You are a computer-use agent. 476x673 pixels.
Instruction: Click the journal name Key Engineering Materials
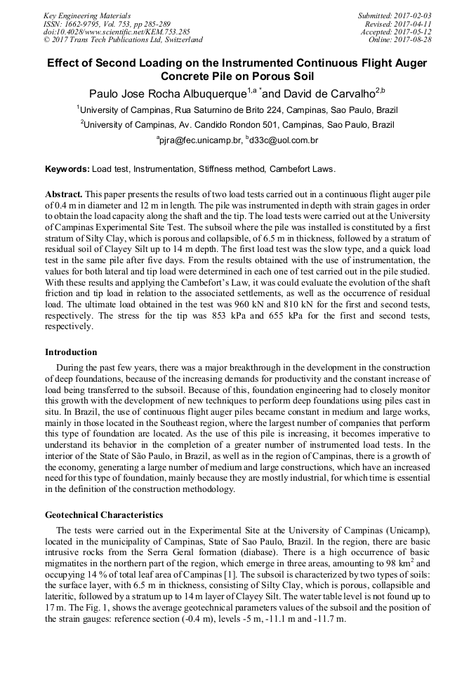[86, 15]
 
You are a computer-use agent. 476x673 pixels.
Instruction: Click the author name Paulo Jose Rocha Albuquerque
[167, 93]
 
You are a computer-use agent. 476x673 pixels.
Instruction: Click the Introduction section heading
[71, 352]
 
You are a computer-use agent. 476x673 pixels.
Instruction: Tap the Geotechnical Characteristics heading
[104, 515]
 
